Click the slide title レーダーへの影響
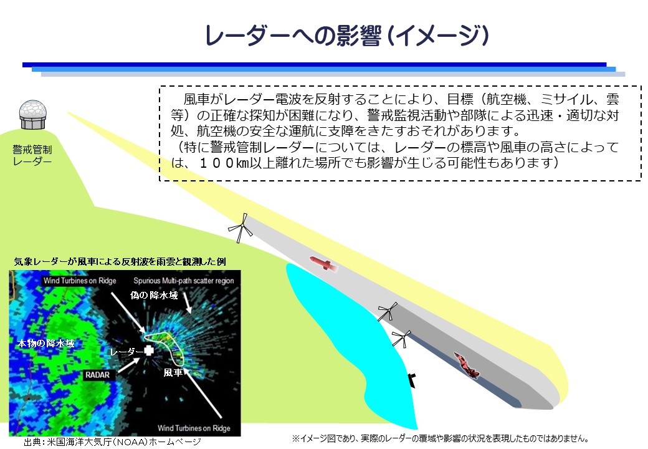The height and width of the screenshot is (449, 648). [x=293, y=36]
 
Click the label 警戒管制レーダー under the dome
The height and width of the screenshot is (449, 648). [x=32, y=155]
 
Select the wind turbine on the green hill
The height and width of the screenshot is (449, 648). [x=240, y=228]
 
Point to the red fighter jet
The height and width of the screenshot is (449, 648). [x=467, y=365]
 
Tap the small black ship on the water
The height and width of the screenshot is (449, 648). [x=412, y=380]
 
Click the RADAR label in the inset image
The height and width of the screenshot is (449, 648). [x=98, y=375]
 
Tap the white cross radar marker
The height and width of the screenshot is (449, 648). [x=149, y=350]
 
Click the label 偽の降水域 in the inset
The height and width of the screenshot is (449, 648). [x=154, y=295]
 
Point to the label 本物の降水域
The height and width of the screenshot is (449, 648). [x=46, y=343]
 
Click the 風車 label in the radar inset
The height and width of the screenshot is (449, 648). [x=173, y=372]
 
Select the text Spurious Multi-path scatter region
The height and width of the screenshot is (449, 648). [x=183, y=281]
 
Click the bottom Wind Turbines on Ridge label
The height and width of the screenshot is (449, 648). [x=194, y=428]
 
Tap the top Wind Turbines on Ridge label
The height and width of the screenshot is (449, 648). [x=80, y=281]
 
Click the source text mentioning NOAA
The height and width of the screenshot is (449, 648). [x=112, y=442]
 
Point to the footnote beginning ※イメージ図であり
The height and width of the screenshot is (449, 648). [x=441, y=438]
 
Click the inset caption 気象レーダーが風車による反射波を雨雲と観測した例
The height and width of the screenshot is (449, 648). [x=120, y=262]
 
